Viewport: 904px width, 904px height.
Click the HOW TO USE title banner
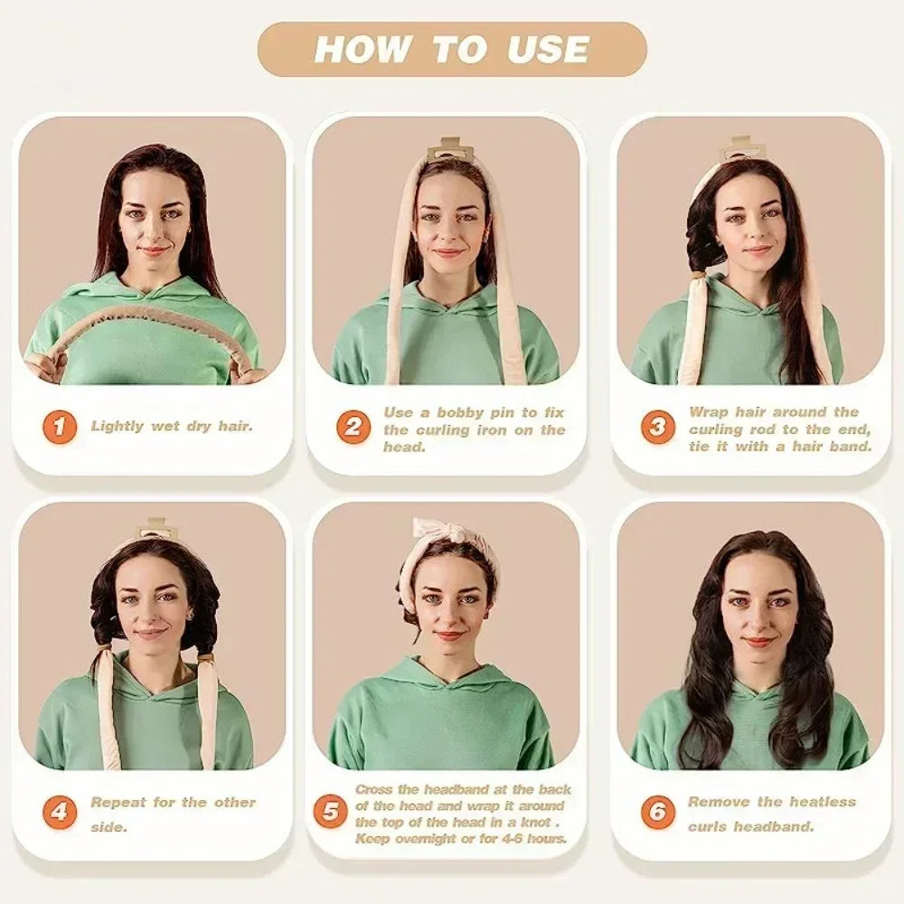(x=452, y=49)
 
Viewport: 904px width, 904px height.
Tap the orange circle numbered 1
(x=59, y=426)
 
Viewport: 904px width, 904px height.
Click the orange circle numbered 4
(x=59, y=812)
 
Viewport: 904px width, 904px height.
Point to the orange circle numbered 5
(x=331, y=812)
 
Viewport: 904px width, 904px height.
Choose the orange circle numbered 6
(x=657, y=812)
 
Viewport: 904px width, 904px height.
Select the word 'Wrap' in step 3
(x=710, y=411)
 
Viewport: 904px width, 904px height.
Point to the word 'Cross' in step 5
(x=373, y=789)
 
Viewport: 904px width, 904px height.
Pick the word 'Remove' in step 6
(x=720, y=802)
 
